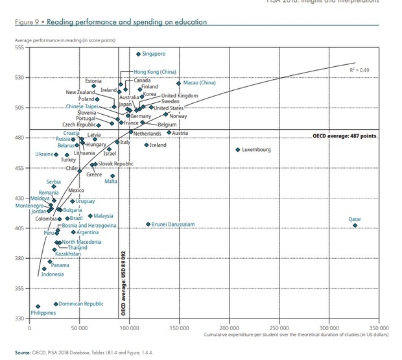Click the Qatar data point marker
[355, 225]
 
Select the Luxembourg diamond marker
[238, 150]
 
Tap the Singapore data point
[138, 54]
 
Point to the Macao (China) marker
[179, 83]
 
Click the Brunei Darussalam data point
[148, 224]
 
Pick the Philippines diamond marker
[38, 306]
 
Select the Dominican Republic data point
[56, 304]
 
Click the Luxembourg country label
[256, 150]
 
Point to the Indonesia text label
[53, 274]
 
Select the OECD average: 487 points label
[344, 137]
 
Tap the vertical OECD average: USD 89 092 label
[123, 283]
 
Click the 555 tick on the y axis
[19, 48]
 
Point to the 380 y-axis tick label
[19, 258]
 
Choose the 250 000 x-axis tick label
[279, 328]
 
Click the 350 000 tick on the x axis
[379, 328]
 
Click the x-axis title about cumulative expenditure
[296, 335]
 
